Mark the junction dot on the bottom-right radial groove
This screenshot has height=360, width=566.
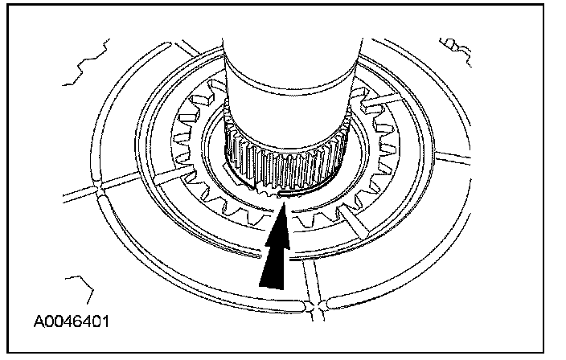pyautogui.click(x=322, y=305)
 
